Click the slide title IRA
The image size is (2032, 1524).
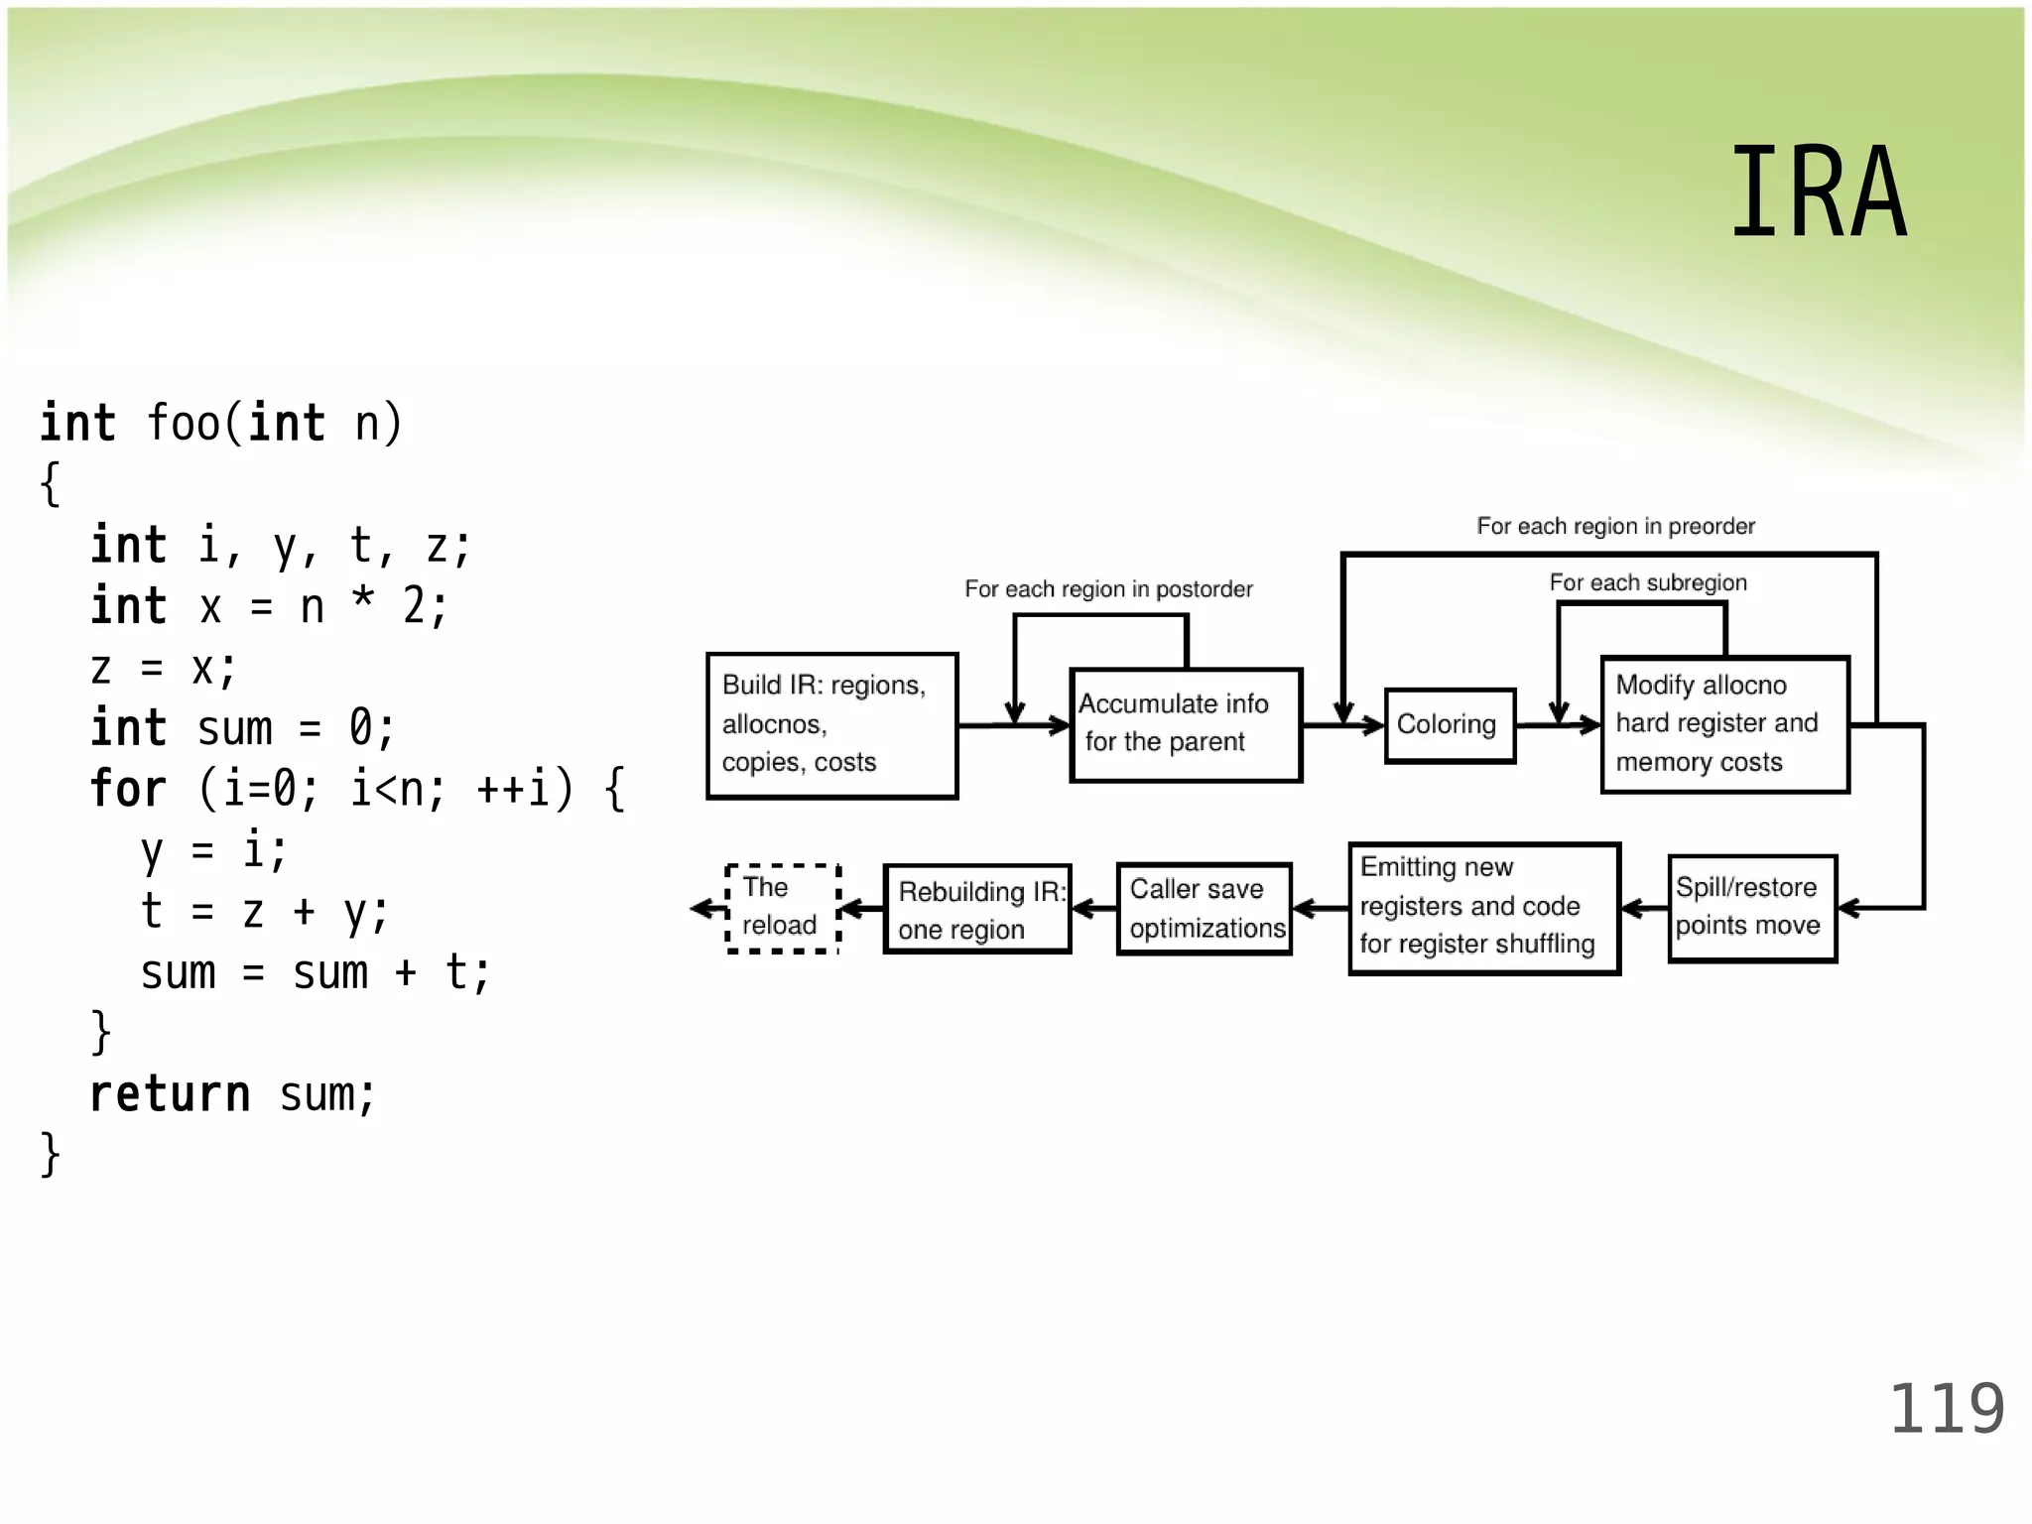[1818, 192]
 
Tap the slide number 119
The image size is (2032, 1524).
[1946, 1409]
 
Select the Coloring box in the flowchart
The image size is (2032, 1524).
[1449, 725]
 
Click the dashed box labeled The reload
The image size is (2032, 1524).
[782, 908]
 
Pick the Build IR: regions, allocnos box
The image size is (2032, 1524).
[831, 725]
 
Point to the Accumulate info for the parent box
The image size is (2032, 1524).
[1185, 724]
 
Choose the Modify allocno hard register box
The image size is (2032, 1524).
[1724, 724]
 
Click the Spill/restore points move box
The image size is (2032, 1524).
[1751, 908]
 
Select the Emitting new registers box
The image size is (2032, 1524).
[1483, 908]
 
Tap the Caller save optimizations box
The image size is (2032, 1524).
[1204, 909]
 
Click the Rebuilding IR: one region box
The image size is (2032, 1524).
[976, 909]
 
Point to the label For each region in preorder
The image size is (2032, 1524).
[1615, 526]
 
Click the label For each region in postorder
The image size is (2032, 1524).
[1108, 589]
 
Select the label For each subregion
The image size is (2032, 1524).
[1648, 582]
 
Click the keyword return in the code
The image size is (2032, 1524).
[170, 1095]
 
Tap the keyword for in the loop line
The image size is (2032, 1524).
[128, 790]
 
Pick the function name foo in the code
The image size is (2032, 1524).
[184, 424]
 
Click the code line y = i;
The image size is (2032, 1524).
[213, 851]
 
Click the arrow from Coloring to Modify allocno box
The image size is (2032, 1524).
[1558, 725]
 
